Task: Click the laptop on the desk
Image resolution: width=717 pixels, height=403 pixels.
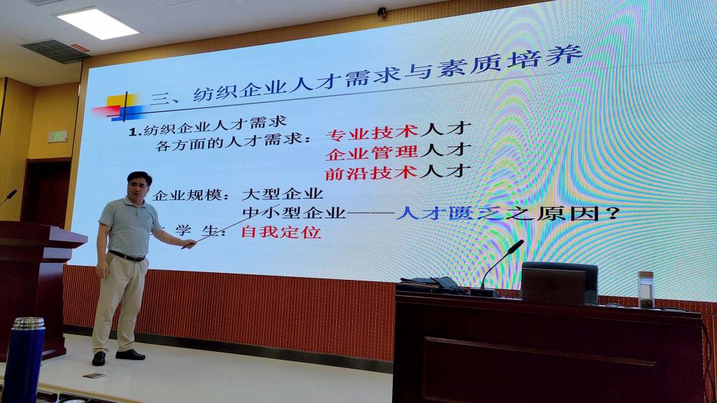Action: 553,285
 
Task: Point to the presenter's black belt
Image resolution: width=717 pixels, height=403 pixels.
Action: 127,256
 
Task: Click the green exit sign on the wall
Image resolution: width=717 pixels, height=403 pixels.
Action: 57,136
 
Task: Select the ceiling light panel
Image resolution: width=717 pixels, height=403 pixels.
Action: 97,23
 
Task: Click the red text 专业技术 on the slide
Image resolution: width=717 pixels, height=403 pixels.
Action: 373,132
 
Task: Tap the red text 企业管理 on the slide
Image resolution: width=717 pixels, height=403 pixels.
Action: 371,153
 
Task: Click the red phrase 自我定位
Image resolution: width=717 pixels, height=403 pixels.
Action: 281,232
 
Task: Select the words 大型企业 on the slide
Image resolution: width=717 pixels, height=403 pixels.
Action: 283,194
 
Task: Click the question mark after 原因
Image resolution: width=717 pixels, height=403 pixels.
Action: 613,213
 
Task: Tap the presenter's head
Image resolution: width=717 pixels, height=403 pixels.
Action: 139,185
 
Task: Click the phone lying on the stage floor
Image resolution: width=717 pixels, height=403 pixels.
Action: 95,376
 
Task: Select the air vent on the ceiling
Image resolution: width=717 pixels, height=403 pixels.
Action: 55,50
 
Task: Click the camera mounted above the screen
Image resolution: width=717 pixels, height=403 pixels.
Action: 382,13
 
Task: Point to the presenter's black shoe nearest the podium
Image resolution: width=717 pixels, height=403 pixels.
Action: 99,358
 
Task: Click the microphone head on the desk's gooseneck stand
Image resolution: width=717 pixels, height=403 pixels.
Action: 516,247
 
